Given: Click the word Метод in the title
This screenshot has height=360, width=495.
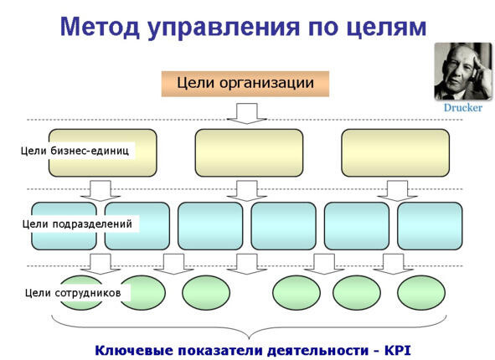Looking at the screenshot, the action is coord(100,27).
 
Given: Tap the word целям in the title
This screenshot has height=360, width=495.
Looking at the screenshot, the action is coord(386,28).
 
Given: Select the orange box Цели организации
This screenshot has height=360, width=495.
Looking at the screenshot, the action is coord(245,84).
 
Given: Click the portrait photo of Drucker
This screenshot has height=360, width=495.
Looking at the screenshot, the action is coord(463,71).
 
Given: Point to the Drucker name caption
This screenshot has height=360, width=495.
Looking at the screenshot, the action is coord(463,108).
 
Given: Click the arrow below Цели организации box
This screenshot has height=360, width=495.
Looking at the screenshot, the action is coord(247,113).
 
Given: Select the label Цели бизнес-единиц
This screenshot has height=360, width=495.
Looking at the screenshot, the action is coord(75,151).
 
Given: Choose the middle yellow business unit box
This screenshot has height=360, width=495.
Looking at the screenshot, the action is coord(249,152).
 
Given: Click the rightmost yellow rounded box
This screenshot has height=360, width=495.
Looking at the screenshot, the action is coord(395,152).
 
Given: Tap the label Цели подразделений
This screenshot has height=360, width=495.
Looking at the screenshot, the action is coord(77,224).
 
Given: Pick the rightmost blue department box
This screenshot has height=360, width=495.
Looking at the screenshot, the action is coord(430,226).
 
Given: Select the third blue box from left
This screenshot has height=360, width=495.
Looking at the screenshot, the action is coord(210,226).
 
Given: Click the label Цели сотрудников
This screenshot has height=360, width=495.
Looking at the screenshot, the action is coord(73,293).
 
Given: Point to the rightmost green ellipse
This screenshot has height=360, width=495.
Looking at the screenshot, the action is coord(421,292).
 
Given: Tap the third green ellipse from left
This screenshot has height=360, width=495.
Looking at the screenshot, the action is coord(206,292).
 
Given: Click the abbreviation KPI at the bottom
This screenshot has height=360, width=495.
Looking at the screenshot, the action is coord(398,351).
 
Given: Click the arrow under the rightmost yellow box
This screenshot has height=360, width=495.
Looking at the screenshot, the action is coord(398,191).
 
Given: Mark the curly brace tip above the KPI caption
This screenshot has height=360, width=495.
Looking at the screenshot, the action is coord(249,339).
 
